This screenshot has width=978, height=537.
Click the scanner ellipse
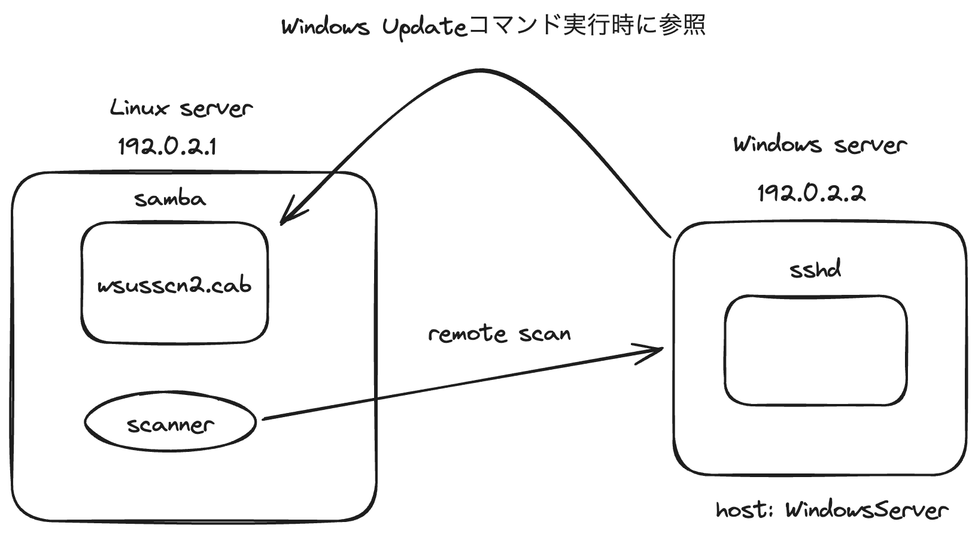pyautogui.click(x=171, y=423)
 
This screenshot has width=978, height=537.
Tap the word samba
pyautogui.click(x=170, y=198)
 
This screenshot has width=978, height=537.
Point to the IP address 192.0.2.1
pyautogui.click(x=167, y=146)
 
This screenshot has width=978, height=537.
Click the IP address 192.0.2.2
pyautogui.click(x=811, y=193)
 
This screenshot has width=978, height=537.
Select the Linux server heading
pyautogui.click(x=181, y=108)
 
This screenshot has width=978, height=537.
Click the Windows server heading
pyautogui.click(x=820, y=144)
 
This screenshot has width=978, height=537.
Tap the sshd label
pyautogui.click(x=815, y=269)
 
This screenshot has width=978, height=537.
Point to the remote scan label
pyautogui.click(x=499, y=333)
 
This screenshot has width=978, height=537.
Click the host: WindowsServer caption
pyautogui.click(x=832, y=510)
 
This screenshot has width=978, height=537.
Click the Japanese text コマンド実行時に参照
pyautogui.click(x=587, y=26)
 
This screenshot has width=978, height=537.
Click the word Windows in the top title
pyautogui.click(x=325, y=27)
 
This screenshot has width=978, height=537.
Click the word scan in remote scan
pyautogui.click(x=545, y=333)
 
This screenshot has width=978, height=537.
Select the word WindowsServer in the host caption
pyautogui.click(x=867, y=510)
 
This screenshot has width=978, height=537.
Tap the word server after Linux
pyautogui.click(x=216, y=108)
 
